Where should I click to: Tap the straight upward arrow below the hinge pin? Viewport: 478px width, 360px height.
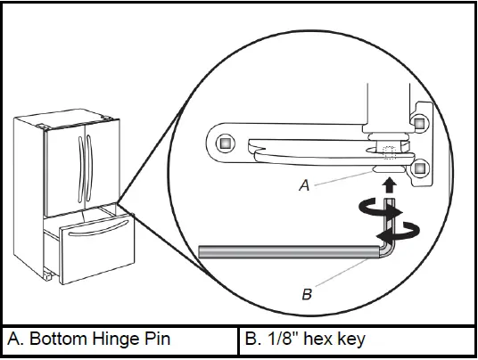click(x=390, y=185)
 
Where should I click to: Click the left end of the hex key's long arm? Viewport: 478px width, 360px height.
click(x=203, y=254)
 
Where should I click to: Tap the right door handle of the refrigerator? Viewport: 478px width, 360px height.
click(x=88, y=161)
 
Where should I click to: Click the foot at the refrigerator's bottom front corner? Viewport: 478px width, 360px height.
click(x=45, y=276)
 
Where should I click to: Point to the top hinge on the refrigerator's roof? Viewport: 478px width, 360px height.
click(x=105, y=116)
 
